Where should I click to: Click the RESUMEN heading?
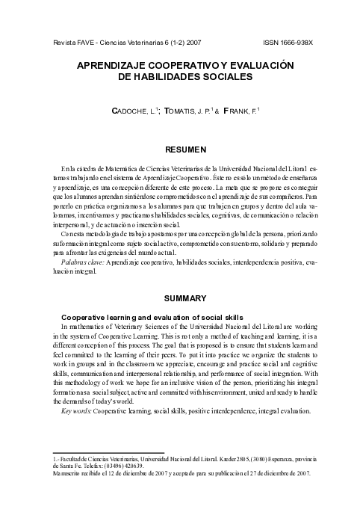coord(180,150)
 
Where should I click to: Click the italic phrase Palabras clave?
coord(83,263)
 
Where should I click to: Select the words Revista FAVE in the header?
coord(64,45)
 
